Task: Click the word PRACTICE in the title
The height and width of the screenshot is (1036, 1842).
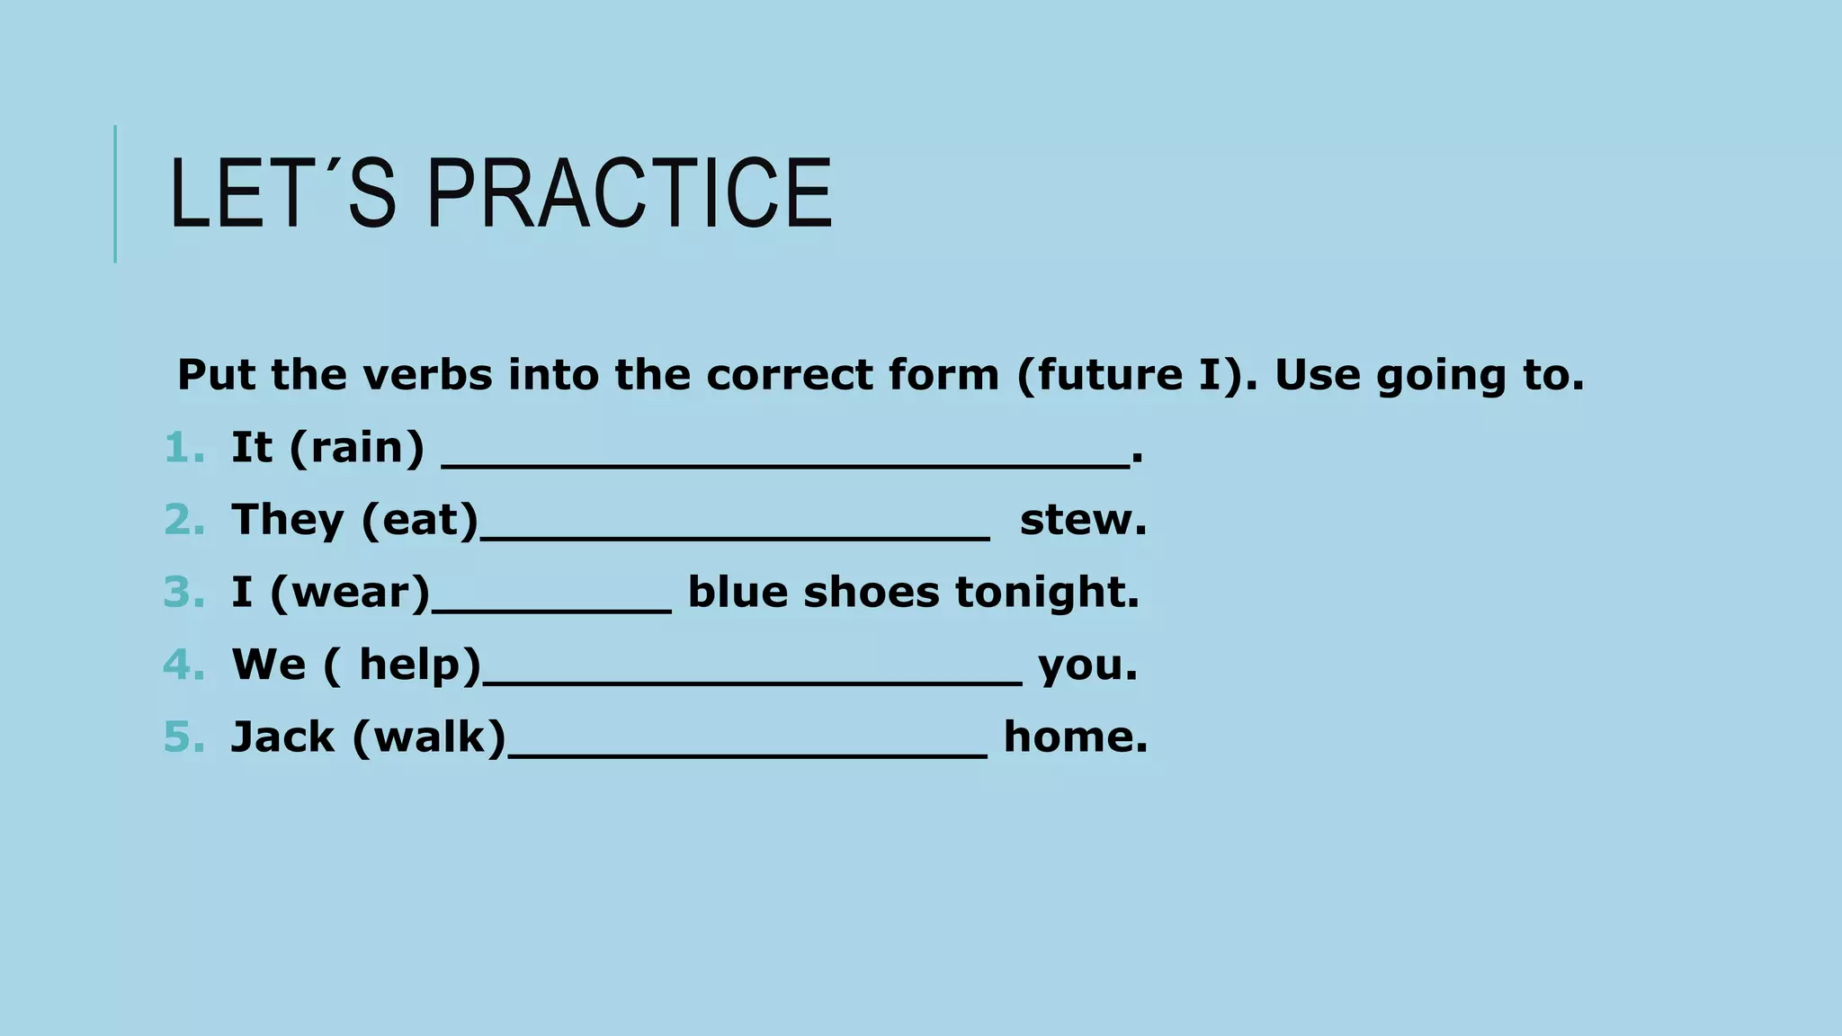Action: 630,193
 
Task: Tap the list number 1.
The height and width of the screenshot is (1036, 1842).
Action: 183,448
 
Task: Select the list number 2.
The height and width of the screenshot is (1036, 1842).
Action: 183,520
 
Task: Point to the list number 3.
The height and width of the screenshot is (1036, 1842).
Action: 183,593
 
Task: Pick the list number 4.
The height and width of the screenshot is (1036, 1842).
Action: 183,665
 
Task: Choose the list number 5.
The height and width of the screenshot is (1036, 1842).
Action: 183,737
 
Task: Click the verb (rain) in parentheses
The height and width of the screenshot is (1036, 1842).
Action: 357,448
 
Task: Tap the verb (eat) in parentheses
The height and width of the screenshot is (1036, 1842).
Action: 420,520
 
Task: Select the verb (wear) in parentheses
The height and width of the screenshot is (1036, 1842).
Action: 351,593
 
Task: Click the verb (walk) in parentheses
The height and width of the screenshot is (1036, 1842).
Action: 430,737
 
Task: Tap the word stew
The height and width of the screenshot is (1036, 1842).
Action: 1083,520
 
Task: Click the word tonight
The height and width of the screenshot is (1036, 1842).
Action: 1047,593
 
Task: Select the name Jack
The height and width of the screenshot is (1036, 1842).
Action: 282,737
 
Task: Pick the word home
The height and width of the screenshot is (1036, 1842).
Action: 1076,737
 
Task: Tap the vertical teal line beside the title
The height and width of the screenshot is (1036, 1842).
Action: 115,193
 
